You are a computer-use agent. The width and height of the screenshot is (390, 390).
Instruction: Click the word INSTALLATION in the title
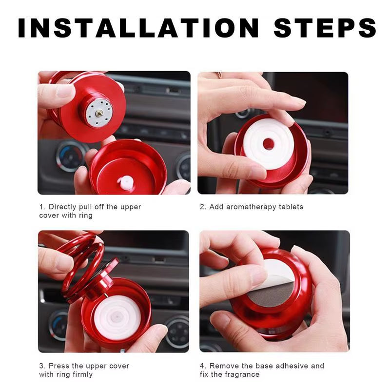point(138,28)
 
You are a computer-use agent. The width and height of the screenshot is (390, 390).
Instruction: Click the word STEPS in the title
point(325,28)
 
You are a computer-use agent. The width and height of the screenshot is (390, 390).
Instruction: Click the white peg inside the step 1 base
point(125,181)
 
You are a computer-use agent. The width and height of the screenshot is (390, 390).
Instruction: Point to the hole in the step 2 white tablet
point(268,144)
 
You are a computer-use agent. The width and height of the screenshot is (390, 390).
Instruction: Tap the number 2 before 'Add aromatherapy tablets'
point(202,207)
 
